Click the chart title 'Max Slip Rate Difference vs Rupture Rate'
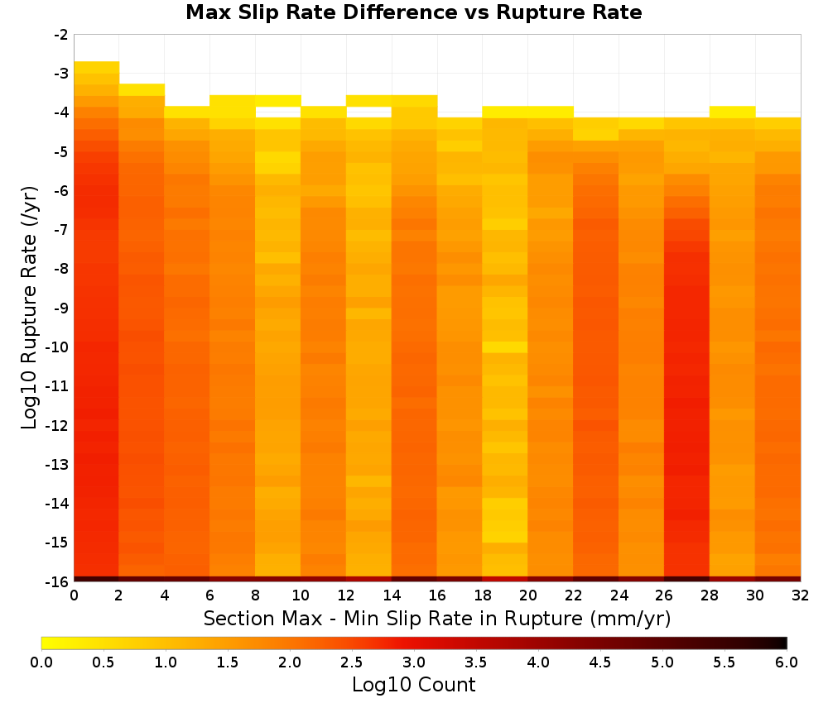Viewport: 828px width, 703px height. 413,12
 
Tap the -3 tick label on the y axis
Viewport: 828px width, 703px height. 60,74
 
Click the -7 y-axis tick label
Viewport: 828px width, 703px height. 60,230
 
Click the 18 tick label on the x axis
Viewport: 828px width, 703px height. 483,595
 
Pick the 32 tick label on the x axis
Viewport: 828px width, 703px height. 801,595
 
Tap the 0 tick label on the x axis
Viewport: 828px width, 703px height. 74,595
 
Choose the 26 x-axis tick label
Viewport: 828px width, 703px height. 664,595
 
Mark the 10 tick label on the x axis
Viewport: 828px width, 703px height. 301,595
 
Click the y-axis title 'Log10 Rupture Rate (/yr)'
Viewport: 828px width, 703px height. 29,308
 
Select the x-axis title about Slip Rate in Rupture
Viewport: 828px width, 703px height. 437,618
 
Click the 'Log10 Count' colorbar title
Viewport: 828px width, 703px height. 414,685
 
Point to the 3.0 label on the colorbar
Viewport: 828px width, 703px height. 414,662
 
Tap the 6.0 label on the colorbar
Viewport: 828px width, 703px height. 787,662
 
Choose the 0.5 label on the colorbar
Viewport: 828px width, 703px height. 103,662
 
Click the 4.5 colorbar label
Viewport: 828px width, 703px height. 600,662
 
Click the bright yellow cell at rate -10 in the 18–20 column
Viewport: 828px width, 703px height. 505,347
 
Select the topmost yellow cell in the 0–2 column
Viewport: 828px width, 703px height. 97,67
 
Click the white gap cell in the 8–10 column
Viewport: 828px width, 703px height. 278,112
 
